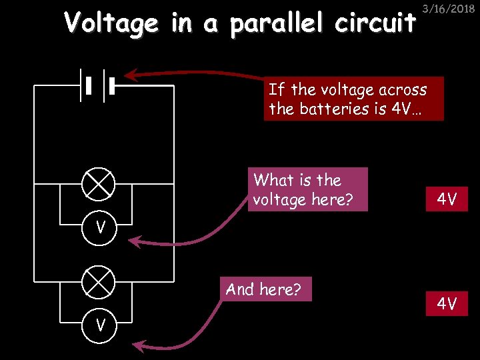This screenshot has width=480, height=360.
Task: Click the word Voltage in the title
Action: (111, 24)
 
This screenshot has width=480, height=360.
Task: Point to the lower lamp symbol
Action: (98, 283)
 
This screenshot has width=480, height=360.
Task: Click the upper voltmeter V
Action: (98, 227)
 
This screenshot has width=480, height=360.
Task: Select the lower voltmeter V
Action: (98, 325)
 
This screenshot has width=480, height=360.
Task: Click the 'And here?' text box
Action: (263, 289)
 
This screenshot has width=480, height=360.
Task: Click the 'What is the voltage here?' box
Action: (307, 189)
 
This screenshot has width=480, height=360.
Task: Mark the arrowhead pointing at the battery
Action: (131, 74)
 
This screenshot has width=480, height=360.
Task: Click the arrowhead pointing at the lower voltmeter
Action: (138, 345)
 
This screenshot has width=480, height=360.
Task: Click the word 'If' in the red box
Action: (275, 89)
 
